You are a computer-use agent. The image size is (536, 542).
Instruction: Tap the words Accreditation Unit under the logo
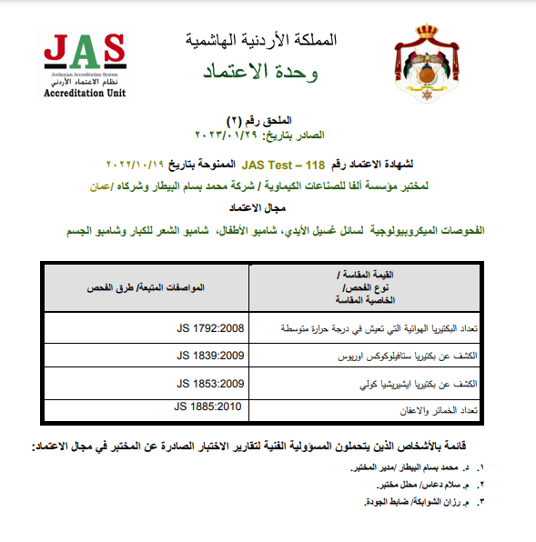click(85, 93)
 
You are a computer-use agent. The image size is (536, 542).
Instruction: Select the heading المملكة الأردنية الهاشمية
click(260, 41)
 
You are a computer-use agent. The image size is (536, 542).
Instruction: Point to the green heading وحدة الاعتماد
click(261, 70)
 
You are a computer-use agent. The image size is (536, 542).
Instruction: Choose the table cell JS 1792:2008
click(208, 326)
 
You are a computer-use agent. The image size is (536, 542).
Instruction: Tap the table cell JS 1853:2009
click(208, 383)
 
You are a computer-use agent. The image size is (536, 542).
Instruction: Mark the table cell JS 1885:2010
click(208, 406)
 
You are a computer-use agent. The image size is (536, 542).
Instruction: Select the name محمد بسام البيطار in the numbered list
click(427, 467)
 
